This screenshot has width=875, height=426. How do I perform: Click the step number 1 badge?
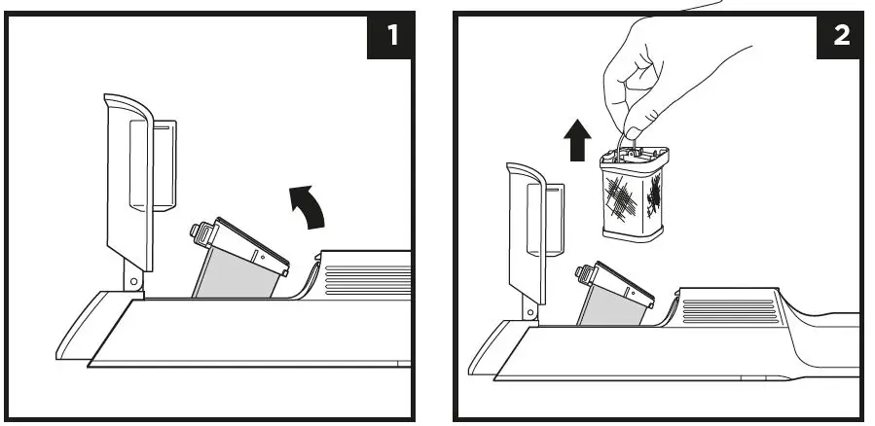(392, 36)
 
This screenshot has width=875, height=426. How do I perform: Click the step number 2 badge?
(841, 36)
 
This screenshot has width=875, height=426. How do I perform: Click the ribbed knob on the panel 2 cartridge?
(587, 273)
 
